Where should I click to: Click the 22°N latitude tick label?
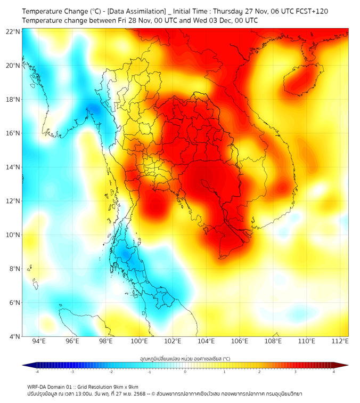(x=13, y=31)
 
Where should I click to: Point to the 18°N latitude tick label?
(x=13, y=99)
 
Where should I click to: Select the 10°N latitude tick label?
(x=13, y=235)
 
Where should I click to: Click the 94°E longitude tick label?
(x=39, y=341)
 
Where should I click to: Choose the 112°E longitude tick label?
(x=340, y=341)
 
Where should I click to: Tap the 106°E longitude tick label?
(x=240, y=341)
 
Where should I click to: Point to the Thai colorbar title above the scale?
(x=185, y=359)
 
